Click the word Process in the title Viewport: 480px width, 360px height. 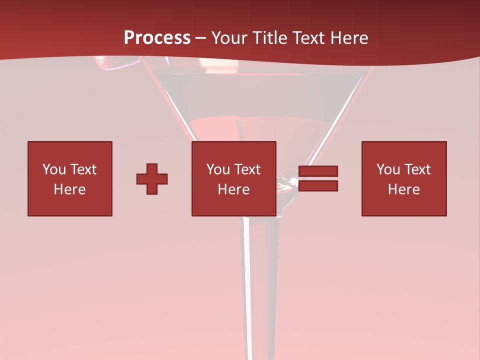click(x=157, y=38)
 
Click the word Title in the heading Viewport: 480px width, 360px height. click(x=270, y=38)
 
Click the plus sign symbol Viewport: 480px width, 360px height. click(x=152, y=178)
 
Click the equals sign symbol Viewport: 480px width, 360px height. click(x=318, y=178)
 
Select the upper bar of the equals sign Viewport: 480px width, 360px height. click(x=318, y=171)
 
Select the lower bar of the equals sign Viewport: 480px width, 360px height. click(x=318, y=185)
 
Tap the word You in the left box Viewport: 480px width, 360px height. click(x=54, y=169)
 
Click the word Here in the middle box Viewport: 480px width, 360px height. click(x=233, y=189)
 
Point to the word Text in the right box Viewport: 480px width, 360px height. click(x=417, y=169)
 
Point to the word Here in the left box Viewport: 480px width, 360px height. click(x=70, y=189)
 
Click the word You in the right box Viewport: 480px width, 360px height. click(x=388, y=169)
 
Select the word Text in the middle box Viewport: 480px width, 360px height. click(x=247, y=169)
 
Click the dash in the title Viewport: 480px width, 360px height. click(x=201, y=38)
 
